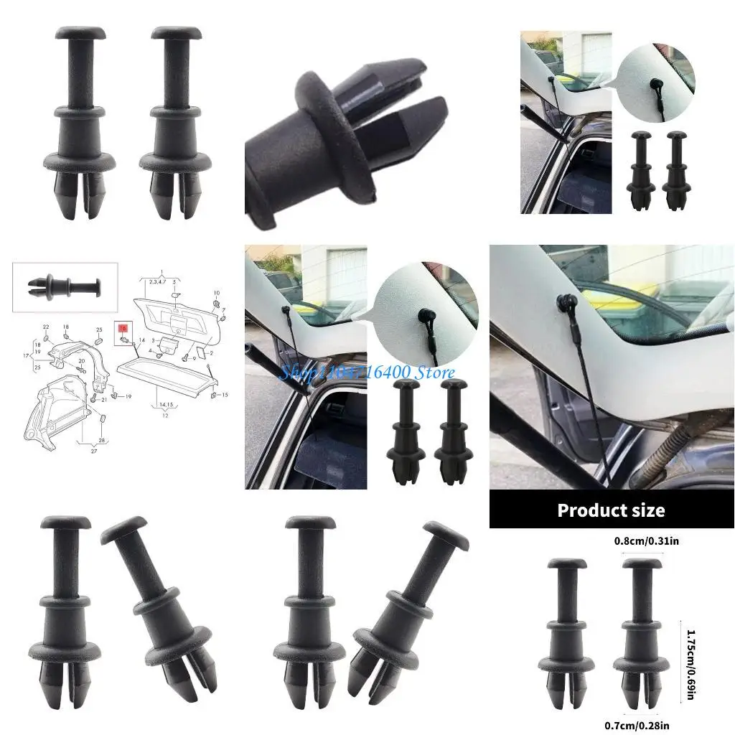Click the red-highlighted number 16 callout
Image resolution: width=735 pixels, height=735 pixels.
click(123, 327)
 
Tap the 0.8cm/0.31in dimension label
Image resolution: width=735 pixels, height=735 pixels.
click(643, 540)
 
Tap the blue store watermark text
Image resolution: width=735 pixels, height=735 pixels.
click(366, 373)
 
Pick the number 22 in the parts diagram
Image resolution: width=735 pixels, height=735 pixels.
click(45, 327)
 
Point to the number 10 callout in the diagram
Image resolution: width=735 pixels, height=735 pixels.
click(217, 293)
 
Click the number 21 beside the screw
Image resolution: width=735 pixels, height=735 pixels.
click(103, 398)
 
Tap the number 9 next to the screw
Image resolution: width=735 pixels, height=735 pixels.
click(194, 357)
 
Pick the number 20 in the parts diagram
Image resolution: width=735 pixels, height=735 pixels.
click(81, 361)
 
